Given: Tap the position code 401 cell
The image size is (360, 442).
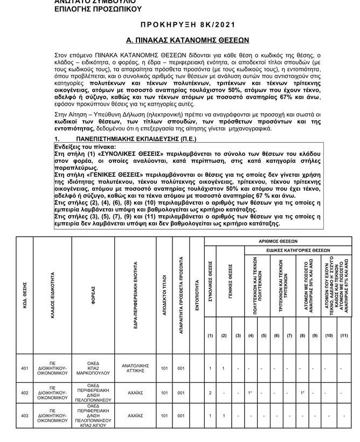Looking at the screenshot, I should tap(24, 369).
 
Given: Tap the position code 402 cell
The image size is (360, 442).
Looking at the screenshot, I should tap(24, 393).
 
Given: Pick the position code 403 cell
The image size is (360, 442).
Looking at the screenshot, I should tap(24, 416).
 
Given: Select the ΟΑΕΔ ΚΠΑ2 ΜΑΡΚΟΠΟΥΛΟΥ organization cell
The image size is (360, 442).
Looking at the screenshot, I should tap(93, 369).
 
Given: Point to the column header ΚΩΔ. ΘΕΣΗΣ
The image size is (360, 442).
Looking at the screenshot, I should tap(24, 292).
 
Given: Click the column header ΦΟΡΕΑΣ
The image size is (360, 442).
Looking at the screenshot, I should tap(93, 292).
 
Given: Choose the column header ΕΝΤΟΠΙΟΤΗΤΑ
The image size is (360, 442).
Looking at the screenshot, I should tap(197, 292).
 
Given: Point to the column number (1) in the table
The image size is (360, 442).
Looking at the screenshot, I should tap(210, 335).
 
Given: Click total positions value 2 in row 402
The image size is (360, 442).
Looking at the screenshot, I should tap(210, 393).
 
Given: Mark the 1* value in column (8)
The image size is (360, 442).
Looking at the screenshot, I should tap(302, 393).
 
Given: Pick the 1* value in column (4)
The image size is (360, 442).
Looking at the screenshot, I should tap(251, 393).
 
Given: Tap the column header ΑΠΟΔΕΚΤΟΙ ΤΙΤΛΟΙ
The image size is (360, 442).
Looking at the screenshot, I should tap(164, 292).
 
